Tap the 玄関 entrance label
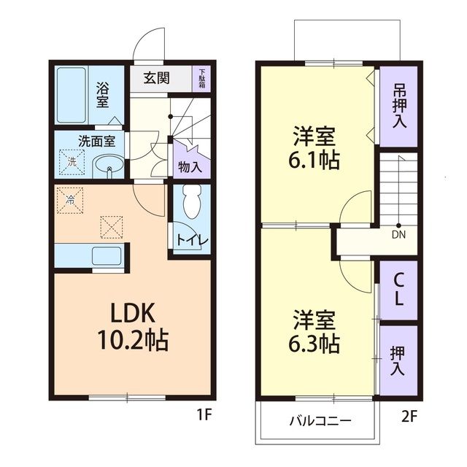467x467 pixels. [156, 79]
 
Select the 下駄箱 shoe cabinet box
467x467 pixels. [201, 79]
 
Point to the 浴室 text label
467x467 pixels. [104, 94]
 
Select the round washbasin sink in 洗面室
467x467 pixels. [109, 165]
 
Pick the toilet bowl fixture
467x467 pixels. [193, 202]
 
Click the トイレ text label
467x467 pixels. [192, 240]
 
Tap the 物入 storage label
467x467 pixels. [190, 166]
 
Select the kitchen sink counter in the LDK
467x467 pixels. [102, 255]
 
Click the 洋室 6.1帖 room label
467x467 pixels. [317, 147]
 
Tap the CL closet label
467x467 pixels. [398, 290]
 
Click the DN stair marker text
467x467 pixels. [398, 234]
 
